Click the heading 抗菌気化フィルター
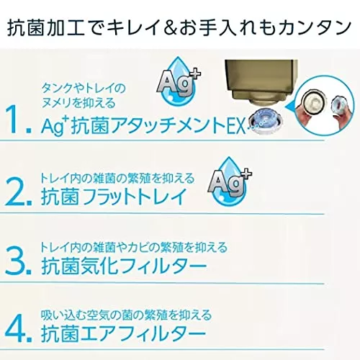[x=124, y=266]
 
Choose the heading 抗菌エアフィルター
[x=124, y=333]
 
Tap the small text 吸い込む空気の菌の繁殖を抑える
[x=126, y=315]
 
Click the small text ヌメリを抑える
[x=78, y=103]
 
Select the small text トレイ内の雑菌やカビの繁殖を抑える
[x=133, y=247]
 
